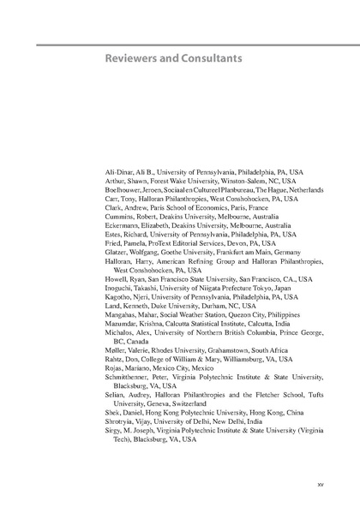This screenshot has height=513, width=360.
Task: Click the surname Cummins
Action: coord(105,216)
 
